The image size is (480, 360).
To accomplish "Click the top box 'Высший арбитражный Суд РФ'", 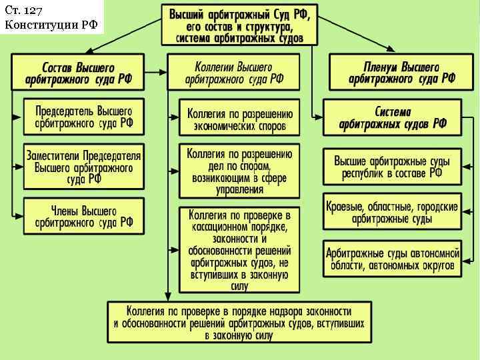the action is [240, 25].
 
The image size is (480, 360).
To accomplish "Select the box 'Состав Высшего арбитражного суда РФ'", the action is [79, 72].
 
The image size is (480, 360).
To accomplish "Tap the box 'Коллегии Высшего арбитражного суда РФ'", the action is [233, 72].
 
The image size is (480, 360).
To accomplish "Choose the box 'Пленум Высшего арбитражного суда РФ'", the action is [401, 72].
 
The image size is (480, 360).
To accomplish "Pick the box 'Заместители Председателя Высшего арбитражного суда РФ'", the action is [83, 165].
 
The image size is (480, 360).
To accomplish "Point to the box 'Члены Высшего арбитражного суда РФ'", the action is [83, 215].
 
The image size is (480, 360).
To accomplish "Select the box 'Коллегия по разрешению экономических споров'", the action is [239, 118].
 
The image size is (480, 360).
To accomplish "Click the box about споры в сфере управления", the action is [239, 171].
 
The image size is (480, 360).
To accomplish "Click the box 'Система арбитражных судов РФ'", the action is [393, 118].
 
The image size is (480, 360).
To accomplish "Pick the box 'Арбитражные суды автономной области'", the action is [393, 259].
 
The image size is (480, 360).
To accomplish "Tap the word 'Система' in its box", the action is [393, 111].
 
